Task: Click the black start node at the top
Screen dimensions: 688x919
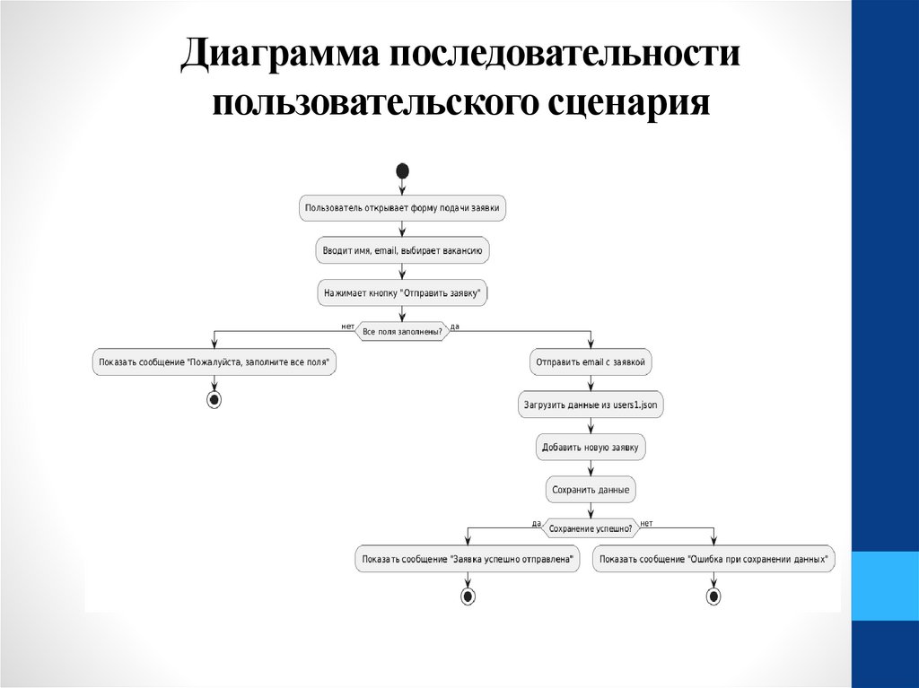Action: click(402, 170)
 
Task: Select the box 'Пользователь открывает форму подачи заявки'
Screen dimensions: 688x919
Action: click(402, 208)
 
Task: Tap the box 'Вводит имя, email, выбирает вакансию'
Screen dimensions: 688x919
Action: click(402, 250)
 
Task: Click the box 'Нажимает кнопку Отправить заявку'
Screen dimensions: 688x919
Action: click(402, 292)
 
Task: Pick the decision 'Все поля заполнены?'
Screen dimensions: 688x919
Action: click(402, 332)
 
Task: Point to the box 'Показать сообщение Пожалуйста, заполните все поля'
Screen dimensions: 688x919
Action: click(214, 363)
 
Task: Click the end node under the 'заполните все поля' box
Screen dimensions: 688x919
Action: click(214, 400)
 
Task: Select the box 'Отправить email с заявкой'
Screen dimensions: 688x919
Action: click(591, 363)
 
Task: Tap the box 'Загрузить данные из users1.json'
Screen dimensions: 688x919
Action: click(591, 405)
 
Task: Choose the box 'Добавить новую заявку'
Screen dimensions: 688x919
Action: click(591, 448)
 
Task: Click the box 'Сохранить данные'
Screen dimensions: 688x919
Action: click(591, 490)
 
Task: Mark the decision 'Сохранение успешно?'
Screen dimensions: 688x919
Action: click(591, 529)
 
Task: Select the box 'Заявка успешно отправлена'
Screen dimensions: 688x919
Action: click(467, 560)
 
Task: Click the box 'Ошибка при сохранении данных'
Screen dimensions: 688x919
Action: click(713, 560)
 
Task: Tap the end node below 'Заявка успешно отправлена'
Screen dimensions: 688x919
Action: click(467, 597)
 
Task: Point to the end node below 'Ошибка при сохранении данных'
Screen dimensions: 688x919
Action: click(713, 597)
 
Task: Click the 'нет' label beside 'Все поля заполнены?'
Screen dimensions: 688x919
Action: click(347, 326)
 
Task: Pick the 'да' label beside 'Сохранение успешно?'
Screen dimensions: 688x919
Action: click(536, 523)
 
